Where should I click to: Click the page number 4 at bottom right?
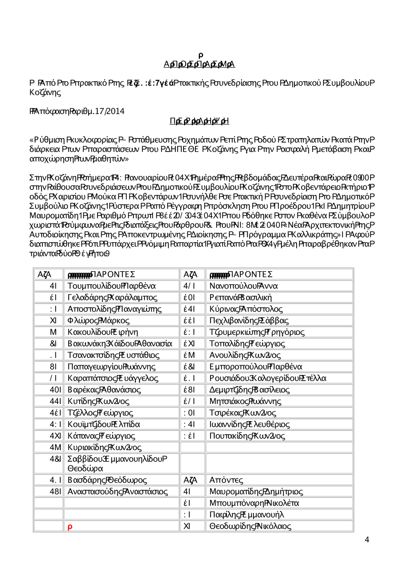(x=367, y=540)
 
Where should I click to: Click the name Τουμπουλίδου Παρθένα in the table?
(x=111, y=286)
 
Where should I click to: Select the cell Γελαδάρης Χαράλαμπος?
(x=112, y=297)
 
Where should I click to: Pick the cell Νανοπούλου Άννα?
(x=244, y=286)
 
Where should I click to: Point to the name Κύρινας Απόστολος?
(x=246, y=309)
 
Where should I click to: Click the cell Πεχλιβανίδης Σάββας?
(x=249, y=321)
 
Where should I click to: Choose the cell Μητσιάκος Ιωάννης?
(x=245, y=402)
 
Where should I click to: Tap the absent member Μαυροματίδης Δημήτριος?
(x=256, y=491)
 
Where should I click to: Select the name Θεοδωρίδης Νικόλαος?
(x=250, y=526)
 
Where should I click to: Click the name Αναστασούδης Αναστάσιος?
(x=118, y=491)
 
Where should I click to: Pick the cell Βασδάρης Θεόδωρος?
(x=107, y=480)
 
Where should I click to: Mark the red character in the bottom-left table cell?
(x=70, y=527)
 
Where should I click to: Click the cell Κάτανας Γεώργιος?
(x=101, y=436)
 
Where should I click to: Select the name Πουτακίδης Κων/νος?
(x=247, y=436)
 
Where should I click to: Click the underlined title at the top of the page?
(x=199, y=64)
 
